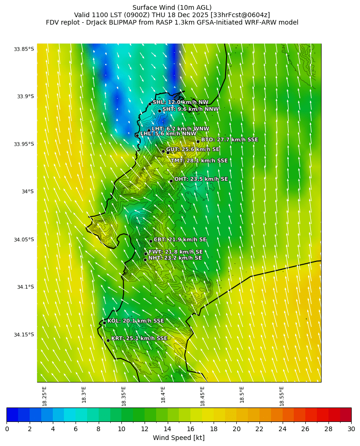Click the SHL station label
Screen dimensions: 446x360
click(x=180, y=102)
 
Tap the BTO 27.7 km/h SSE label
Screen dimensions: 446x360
click(x=229, y=140)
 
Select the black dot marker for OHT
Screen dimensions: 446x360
click(x=171, y=181)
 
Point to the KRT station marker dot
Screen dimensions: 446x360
click(x=108, y=340)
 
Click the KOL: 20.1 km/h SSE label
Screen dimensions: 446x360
click(x=135, y=321)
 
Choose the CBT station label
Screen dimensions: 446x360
click(x=180, y=240)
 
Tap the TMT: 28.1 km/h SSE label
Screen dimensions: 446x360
click(x=199, y=161)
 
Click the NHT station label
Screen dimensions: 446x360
click(x=175, y=258)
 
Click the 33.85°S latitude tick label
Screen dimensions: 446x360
click(x=24, y=49)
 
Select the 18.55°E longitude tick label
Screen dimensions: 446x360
click(x=282, y=396)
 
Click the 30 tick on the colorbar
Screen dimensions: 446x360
click(x=351, y=429)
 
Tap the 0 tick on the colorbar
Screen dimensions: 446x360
click(x=7, y=429)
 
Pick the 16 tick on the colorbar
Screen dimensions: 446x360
click(x=190, y=429)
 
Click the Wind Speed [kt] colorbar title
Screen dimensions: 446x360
click(x=179, y=438)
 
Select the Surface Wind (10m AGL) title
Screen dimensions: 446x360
click(x=172, y=7)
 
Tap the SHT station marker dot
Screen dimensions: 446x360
click(x=159, y=111)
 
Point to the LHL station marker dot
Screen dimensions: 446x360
click(x=137, y=135)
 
